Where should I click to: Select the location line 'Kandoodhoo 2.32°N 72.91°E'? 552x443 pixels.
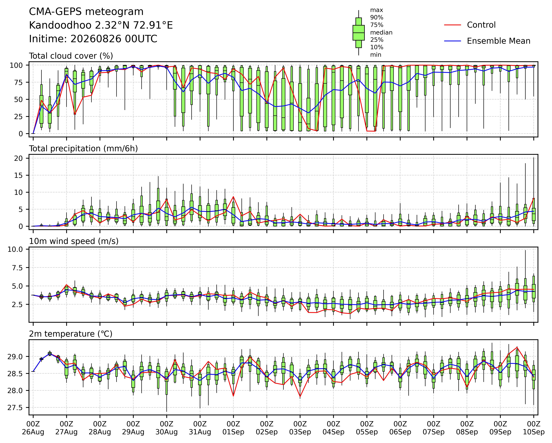click(x=101, y=25)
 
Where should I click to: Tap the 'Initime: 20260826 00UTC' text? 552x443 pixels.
click(x=93, y=39)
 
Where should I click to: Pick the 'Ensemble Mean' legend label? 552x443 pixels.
click(x=498, y=41)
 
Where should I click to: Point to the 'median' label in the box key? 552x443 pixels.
click(x=381, y=33)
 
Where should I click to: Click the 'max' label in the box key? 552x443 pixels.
click(x=377, y=10)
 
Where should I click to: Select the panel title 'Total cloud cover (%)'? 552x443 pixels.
click(x=71, y=56)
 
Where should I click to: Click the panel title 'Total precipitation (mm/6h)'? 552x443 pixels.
click(x=84, y=149)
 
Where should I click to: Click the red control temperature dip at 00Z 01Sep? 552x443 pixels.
click(x=233, y=396)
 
